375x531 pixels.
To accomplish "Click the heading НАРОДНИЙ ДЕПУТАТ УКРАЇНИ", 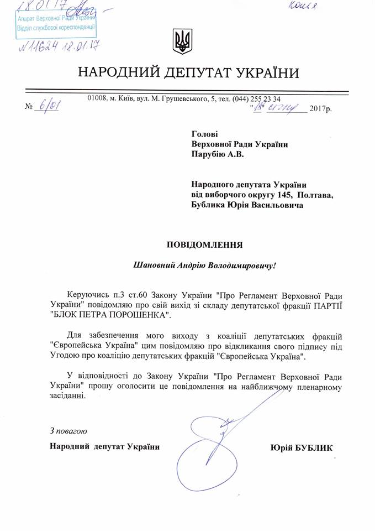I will pos(188,72).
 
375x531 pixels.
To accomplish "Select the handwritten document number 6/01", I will pos(46,105).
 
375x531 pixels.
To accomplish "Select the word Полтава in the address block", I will pos(315,195).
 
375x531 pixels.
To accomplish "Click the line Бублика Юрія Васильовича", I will pos(247,205).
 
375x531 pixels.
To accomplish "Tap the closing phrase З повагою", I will pos(68,431).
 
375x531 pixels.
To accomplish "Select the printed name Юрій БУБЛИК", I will pos(302,447).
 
